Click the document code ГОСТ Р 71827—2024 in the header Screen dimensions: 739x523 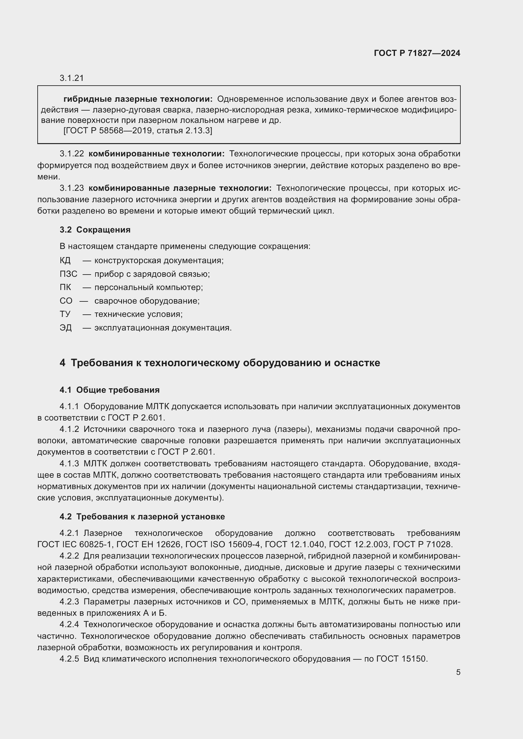[417, 53]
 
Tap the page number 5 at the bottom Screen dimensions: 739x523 [458, 672]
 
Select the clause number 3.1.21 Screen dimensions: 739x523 [71, 78]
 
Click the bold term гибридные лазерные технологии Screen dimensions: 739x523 [138, 99]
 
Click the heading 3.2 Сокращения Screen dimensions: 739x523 [95, 229]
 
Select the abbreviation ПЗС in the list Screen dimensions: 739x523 [68, 274]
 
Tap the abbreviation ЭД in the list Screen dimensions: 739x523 [66, 328]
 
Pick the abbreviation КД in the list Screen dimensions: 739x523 [65, 260]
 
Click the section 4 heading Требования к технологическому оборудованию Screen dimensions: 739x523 [220, 363]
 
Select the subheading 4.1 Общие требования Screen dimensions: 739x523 [109, 390]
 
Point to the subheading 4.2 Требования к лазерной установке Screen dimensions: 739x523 [142, 517]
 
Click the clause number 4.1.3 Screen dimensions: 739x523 [69, 463]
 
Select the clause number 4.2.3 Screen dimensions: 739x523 [69, 602]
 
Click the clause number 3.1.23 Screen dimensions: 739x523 [71, 188]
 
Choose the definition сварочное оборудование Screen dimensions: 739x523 [147, 301]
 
